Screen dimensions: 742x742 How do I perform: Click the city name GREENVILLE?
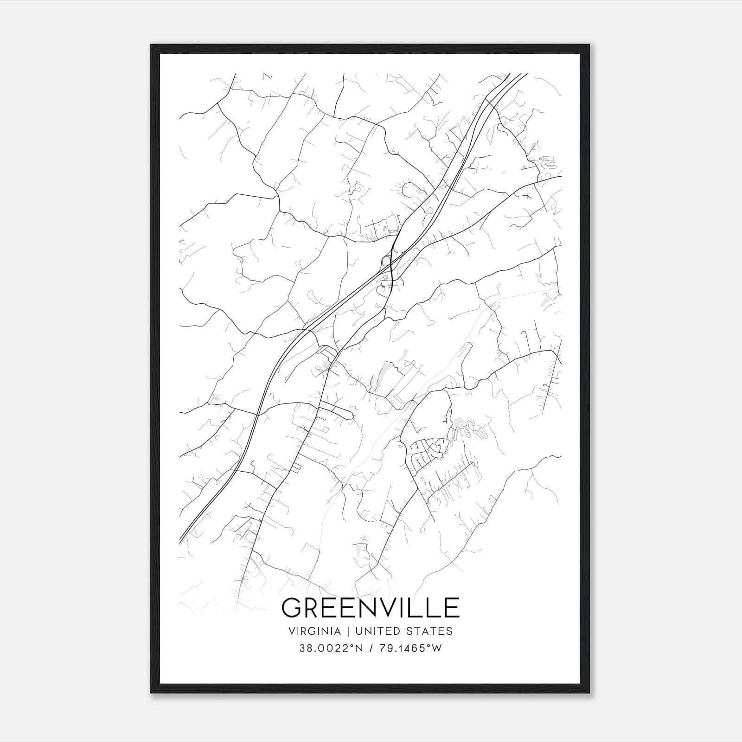(370, 608)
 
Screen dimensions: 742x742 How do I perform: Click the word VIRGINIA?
(314, 631)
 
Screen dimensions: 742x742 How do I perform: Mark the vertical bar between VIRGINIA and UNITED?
(346, 631)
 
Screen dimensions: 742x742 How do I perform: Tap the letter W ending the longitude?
(436, 648)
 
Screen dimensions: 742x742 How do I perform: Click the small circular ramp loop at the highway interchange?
(386, 261)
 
